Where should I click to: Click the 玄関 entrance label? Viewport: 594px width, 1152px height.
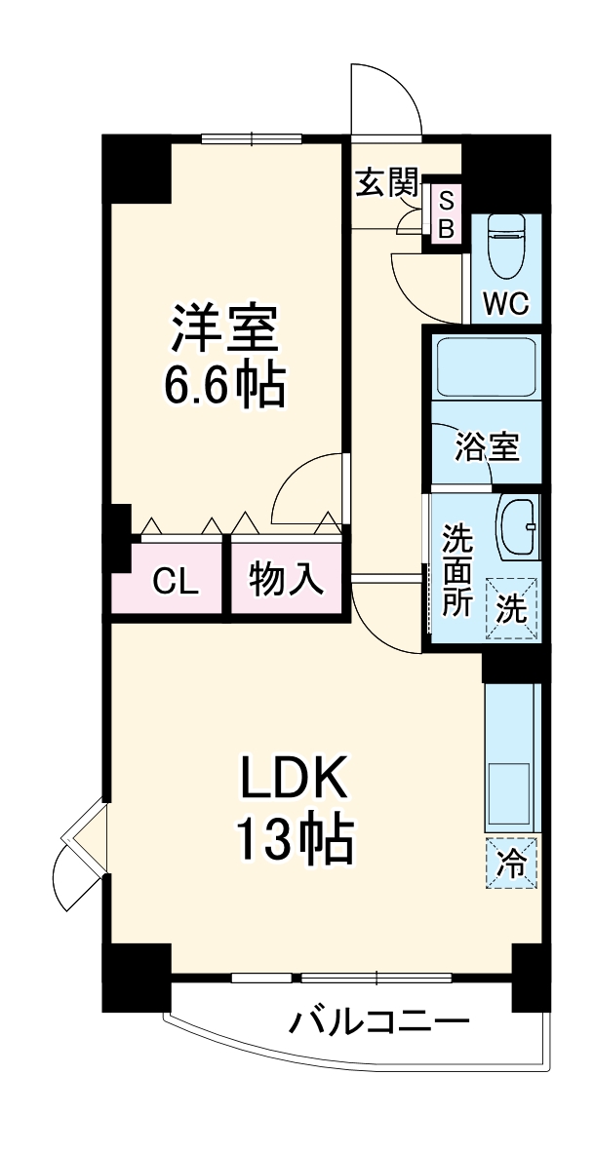click(386, 182)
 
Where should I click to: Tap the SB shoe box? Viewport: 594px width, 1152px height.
click(446, 215)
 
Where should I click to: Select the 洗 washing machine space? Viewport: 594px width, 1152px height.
click(513, 607)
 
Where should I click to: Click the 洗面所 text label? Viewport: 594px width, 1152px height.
click(457, 569)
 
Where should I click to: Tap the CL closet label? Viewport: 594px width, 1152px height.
click(176, 582)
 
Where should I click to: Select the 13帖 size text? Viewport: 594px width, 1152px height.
click(293, 839)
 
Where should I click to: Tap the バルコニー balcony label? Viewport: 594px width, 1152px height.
click(378, 1022)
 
